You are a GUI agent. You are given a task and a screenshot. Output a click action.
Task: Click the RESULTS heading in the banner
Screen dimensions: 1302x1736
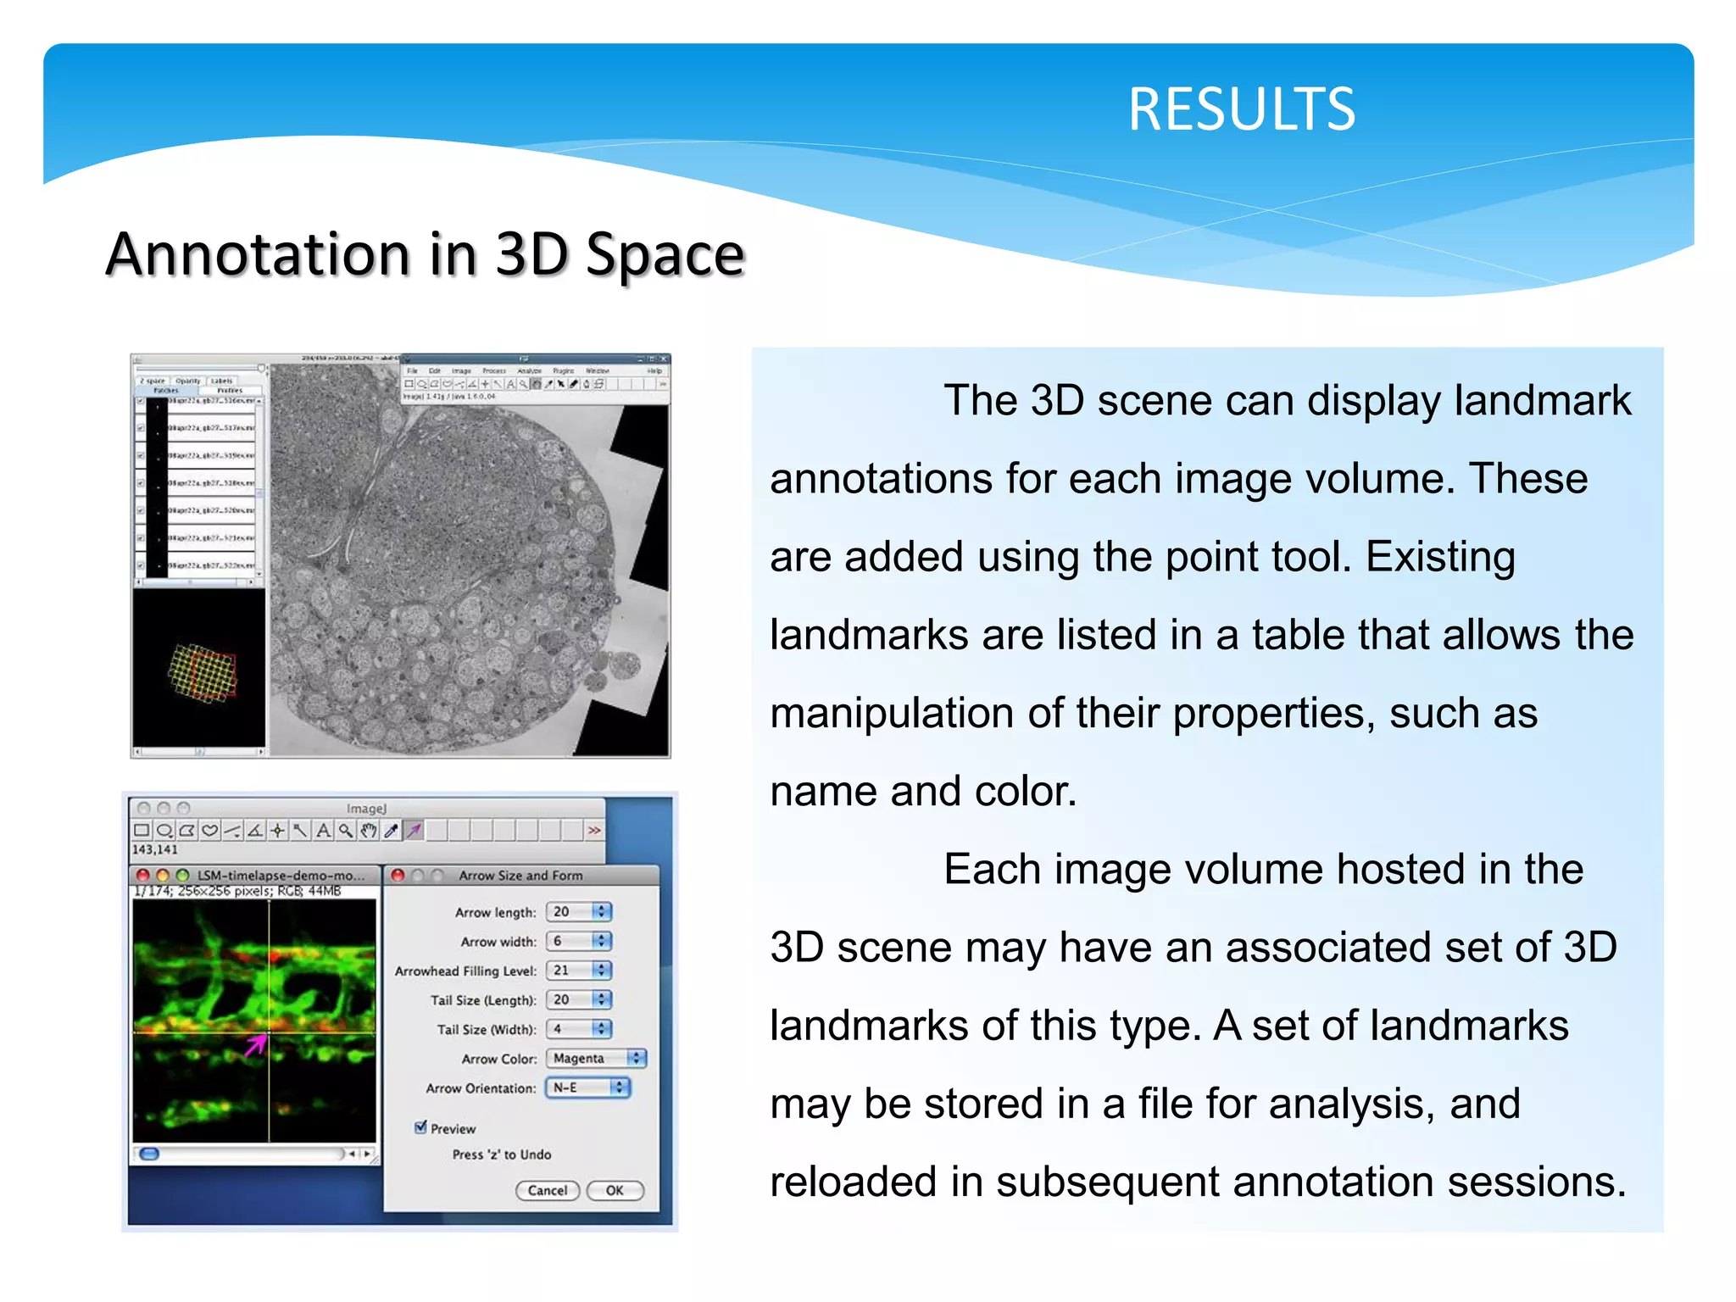click(1241, 110)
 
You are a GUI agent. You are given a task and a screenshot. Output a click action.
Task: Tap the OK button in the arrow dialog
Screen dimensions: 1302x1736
click(615, 1190)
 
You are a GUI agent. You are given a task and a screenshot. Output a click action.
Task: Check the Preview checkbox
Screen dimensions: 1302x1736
click(420, 1127)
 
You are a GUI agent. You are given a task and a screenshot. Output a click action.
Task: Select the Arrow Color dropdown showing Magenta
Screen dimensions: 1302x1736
click(595, 1058)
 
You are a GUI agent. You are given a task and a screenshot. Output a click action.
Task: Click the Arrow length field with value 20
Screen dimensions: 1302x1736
click(578, 912)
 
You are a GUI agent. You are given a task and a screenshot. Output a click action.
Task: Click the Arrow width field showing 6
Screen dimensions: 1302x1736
click(578, 941)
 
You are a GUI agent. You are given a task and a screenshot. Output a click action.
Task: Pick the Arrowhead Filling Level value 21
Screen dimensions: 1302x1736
click(578, 971)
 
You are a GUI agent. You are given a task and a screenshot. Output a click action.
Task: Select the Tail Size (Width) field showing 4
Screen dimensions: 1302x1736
click(578, 1029)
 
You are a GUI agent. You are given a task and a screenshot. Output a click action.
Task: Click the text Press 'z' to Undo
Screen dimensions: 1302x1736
click(501, 1155)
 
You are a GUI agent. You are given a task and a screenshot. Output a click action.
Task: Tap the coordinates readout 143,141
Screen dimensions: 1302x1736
click(155, 849)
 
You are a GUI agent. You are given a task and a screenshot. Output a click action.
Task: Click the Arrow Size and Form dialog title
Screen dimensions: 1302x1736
click(520, 876)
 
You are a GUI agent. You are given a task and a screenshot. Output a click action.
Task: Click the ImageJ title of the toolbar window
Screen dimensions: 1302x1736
click(366, 809)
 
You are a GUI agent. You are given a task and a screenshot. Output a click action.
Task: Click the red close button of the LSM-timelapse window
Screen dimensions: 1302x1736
click(142, 875)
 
